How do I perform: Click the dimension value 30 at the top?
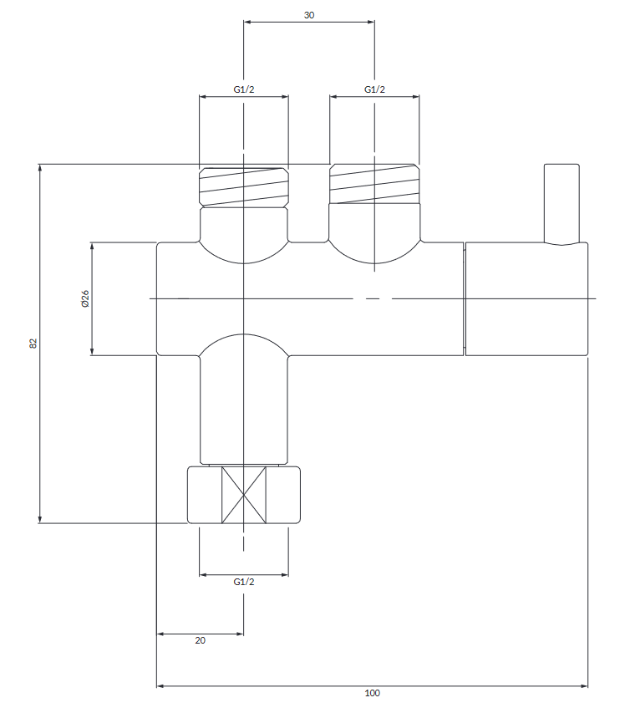pos(309,15)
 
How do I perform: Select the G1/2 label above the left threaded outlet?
pos(243,89)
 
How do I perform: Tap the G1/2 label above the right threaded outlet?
pos(374,89)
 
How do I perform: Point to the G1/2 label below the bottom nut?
pos(243,582)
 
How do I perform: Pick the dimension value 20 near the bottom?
pos(200,640)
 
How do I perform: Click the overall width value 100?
pos(373,693)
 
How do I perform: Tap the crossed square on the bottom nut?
pos(243,496)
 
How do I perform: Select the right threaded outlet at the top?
pos(374,185)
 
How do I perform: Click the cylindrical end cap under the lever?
pos(526,298)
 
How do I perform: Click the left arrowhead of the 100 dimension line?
pos(161,686)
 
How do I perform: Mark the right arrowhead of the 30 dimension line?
pos(370,22)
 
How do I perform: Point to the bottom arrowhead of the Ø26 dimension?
pos(92,351)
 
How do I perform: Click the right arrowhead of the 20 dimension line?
pos(239,634)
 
